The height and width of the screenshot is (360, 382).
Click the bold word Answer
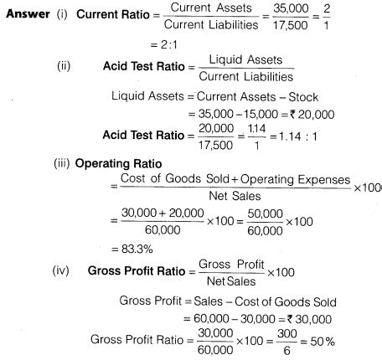point(26,18)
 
